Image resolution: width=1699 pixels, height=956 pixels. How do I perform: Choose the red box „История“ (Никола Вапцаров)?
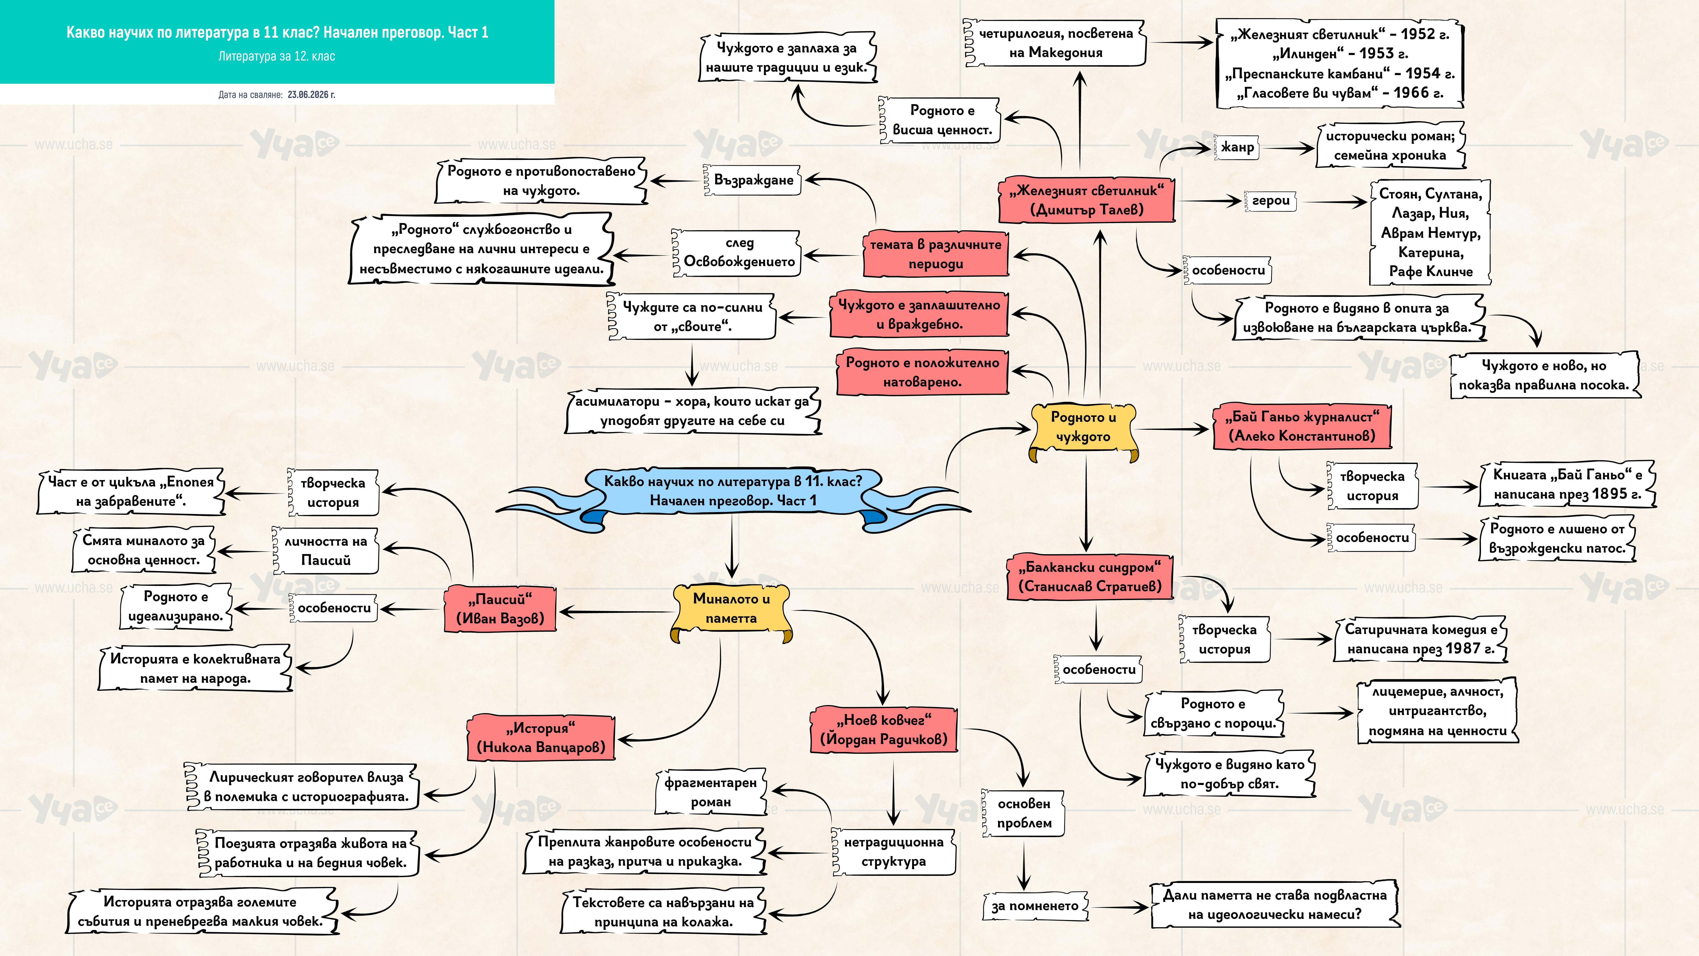541,738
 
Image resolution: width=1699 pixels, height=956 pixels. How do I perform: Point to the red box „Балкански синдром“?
1089,577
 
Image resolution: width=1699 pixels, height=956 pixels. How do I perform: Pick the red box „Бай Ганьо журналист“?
1302,426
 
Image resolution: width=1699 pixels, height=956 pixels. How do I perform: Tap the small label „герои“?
1270,200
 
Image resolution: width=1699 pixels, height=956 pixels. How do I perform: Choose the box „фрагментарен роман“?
710,792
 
